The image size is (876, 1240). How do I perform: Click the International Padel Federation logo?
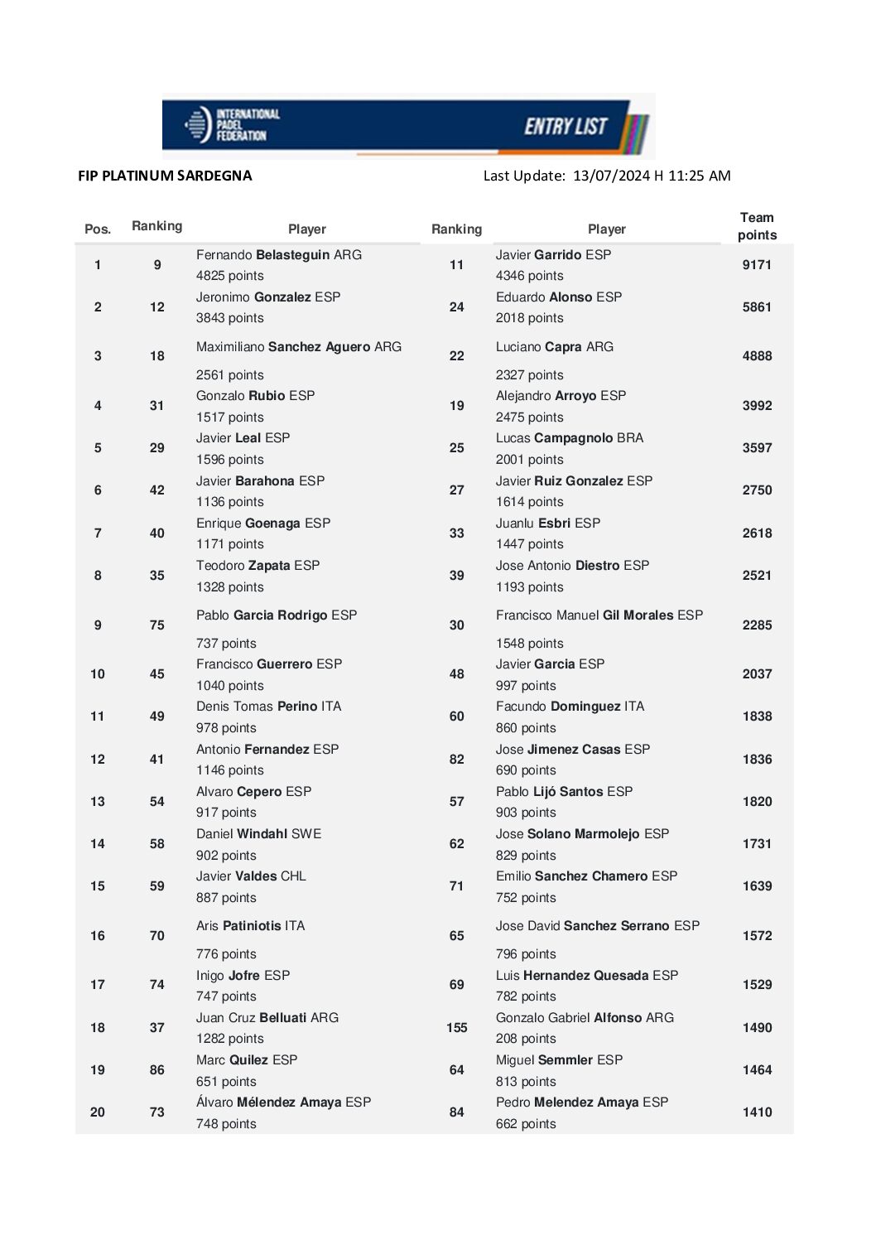[x=232, y=125]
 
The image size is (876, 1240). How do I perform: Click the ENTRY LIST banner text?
[x=566, y=127]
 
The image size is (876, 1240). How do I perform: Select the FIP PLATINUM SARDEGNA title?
[x=165, y=176]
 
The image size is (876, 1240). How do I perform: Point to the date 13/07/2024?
[x=611, y=176]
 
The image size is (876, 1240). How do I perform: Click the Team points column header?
[x=757, y=226]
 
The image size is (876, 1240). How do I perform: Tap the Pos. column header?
[x=98, y=229]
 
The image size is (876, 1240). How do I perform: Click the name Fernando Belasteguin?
[x=278, y=255]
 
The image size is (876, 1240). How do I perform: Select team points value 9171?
[x=757, y=265]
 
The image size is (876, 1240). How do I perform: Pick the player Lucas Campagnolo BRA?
[x=569, y=438]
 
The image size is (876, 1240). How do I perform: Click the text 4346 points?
[x=529, y=276]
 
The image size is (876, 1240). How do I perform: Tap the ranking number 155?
[x=456, y=1028]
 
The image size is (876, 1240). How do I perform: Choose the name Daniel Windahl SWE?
[x=258, y=834]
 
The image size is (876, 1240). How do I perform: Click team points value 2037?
[x=757, y=674]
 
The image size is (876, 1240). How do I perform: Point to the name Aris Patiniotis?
[x=250, y=926]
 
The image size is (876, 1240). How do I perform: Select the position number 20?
[x=98, y=1112]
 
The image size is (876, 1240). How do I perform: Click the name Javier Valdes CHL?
[x=251, y=876]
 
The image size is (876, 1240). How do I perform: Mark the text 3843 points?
[x=229, y=318]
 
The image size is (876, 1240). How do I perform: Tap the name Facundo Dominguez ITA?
[x=570, y=707]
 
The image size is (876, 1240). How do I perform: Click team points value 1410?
[x=757, y=1112]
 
